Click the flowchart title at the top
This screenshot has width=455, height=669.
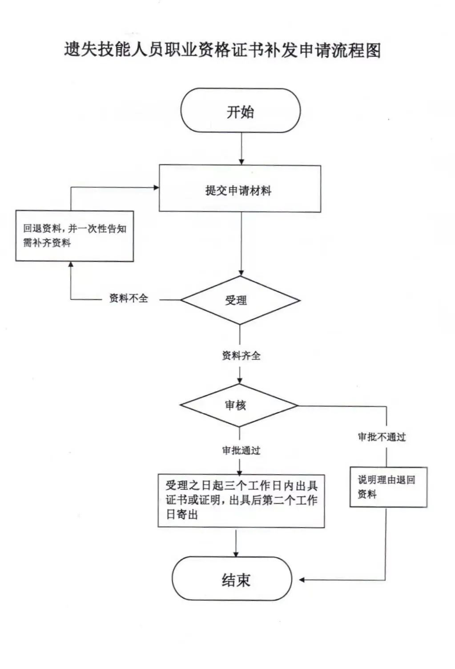pyautogui.click(x=222, y=50)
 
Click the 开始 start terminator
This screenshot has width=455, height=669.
pyautogui.click(x=240, y=111)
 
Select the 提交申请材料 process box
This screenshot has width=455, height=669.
pyautogui.click(x=240, y=189)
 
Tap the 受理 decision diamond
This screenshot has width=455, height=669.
pyautogui.click(x=240, y=300)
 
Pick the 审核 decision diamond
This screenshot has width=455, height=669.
pyautogui.click(x=239, y=405)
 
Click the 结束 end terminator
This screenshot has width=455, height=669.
pyautogui.click(x=232, y=579)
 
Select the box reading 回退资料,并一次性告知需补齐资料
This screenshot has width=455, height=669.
pyautogui.click(x=75, y=236)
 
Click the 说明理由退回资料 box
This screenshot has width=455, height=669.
pyautogui.click(x=388, y=487)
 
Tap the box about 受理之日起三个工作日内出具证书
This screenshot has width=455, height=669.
pyautogui.click(x=241, y=500)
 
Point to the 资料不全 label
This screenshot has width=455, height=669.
pyautogui.click(x=129, y=299)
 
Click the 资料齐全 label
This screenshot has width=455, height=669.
pyautogui.click(x=241, y=356)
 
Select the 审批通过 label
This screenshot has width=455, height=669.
pyautogui.click(x=241, y=450)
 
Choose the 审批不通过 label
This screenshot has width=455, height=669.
pyautogui.click(x=382, y=437)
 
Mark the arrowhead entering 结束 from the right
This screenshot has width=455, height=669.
pyautogui.click(x=302, y=580)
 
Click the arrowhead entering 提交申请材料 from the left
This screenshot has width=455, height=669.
pyautogui.click(x=156, y=188)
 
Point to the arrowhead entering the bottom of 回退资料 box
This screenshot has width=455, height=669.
pyautogui.click(x=70, y=265)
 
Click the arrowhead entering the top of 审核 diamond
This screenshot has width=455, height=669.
pyautogui.click(x=240, y=381)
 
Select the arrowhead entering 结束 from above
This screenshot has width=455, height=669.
pyautogui.click(x=236, y=553)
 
